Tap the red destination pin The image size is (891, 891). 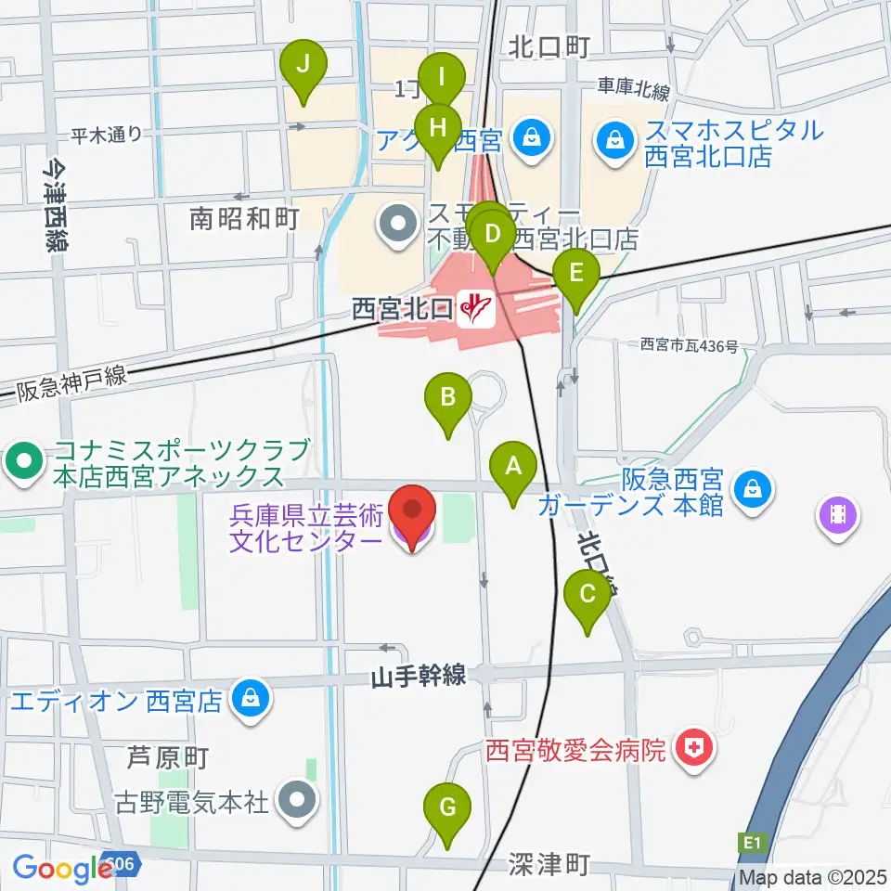click(x=411, y=516)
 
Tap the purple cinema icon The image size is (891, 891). click(x=838, y=515)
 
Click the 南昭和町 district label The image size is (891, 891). click(x=243, y=219)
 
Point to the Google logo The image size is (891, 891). click(x=63, y=869)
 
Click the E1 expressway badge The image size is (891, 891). click(x=752, y=843)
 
